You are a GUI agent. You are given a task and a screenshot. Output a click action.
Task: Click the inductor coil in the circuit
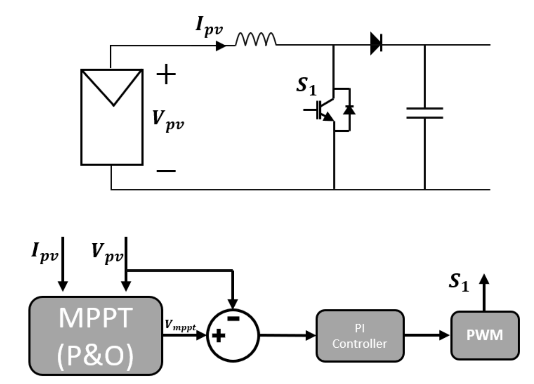[256, 39]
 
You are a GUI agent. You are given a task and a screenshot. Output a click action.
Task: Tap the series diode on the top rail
[376, 44]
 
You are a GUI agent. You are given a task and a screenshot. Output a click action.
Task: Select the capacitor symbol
[424, 113]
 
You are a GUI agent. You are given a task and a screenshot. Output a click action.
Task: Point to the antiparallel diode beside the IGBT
[349, 109]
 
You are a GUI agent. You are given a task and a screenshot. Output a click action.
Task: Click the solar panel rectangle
[112, 117]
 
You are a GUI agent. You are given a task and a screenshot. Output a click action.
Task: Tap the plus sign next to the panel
[166, 74]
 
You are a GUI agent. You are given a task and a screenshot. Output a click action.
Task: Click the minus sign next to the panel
[166, 171]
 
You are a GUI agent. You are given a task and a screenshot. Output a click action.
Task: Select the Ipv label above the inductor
[209, 26]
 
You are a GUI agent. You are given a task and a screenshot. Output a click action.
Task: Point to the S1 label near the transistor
[306, 86]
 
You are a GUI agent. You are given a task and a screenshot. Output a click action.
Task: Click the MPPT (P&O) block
[96, 336]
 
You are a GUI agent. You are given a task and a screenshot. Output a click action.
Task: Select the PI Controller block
[360, 336]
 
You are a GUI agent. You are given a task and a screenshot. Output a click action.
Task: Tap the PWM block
[485, 335]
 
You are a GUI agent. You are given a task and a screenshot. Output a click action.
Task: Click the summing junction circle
[233, 335]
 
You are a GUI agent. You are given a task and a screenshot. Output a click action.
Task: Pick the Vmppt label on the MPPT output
[180, 325]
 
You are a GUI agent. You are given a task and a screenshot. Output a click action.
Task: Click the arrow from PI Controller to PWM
[427, 335]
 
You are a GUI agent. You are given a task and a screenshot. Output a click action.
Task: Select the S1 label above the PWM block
[459, 282]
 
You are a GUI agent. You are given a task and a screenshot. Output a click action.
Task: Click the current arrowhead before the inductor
[221, 46]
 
